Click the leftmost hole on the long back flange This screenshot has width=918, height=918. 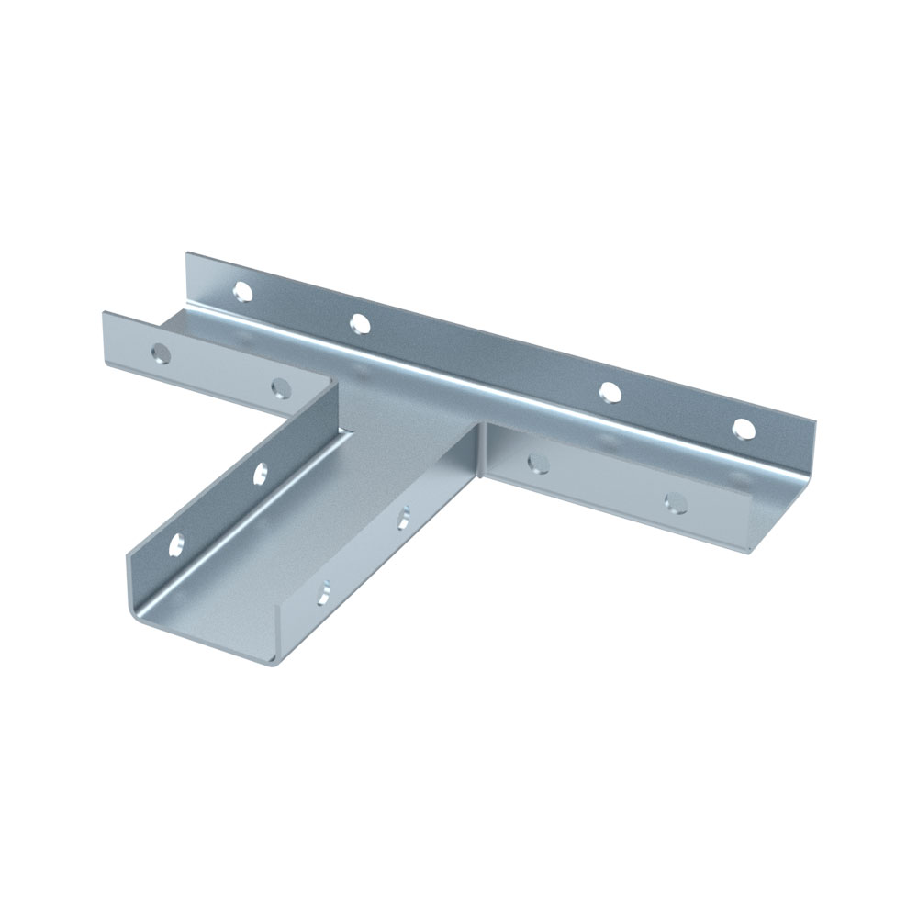click(x=242, y=293)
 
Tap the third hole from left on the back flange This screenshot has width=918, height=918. click(x=608, y=392)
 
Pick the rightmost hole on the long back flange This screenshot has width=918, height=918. click(x=744, y=428)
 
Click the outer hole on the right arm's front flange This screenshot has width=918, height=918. click(x=676, y=501)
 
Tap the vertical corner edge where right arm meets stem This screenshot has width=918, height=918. click(x=480, y=450)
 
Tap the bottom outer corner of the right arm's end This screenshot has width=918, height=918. click(x=750, y=548)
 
